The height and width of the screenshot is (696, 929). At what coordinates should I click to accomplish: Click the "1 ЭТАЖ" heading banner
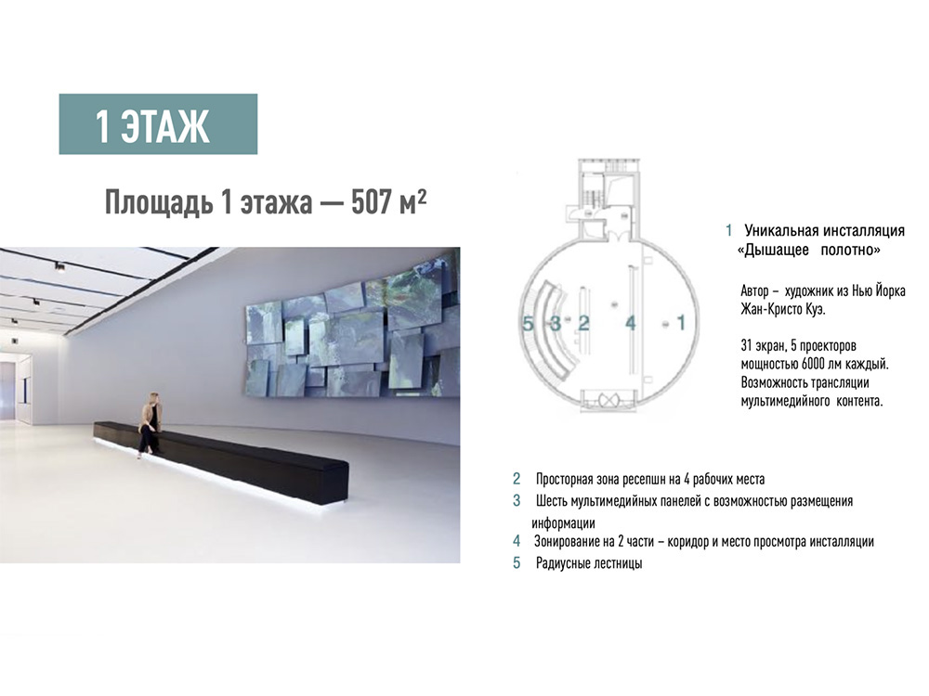pos(158,124)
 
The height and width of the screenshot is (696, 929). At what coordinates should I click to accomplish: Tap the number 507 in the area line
pos(372,202)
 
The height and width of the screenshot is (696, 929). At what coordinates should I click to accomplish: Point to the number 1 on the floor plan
pos(681,323)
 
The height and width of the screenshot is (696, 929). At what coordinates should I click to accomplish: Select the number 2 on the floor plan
pos(583,323)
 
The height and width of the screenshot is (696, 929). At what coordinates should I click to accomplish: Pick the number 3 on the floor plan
pos(556,323)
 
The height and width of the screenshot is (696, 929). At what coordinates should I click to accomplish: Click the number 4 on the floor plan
pos(631,323)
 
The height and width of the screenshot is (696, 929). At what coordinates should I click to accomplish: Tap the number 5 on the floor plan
pos(528,323)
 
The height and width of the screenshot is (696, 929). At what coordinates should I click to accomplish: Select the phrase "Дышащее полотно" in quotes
pos(809,251)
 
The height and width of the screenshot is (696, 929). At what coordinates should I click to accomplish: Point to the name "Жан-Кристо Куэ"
pos(782,310)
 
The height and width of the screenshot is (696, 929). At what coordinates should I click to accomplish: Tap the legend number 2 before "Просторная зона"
pos(517,479)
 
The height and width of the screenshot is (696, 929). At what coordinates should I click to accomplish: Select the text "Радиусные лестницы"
pos(589,563)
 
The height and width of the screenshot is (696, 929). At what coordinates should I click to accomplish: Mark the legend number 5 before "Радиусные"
pos(517,563)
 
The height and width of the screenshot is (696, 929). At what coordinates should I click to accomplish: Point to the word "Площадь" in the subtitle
pos(159,203)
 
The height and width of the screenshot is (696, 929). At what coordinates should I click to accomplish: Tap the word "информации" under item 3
pos(563,523)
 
